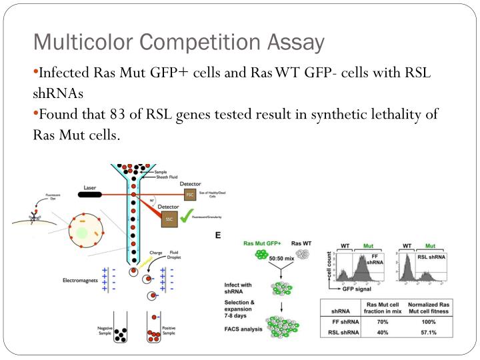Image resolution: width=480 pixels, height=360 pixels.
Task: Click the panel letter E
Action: (217, 235)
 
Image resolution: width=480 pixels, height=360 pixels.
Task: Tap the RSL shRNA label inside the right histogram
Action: (431, 257)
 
